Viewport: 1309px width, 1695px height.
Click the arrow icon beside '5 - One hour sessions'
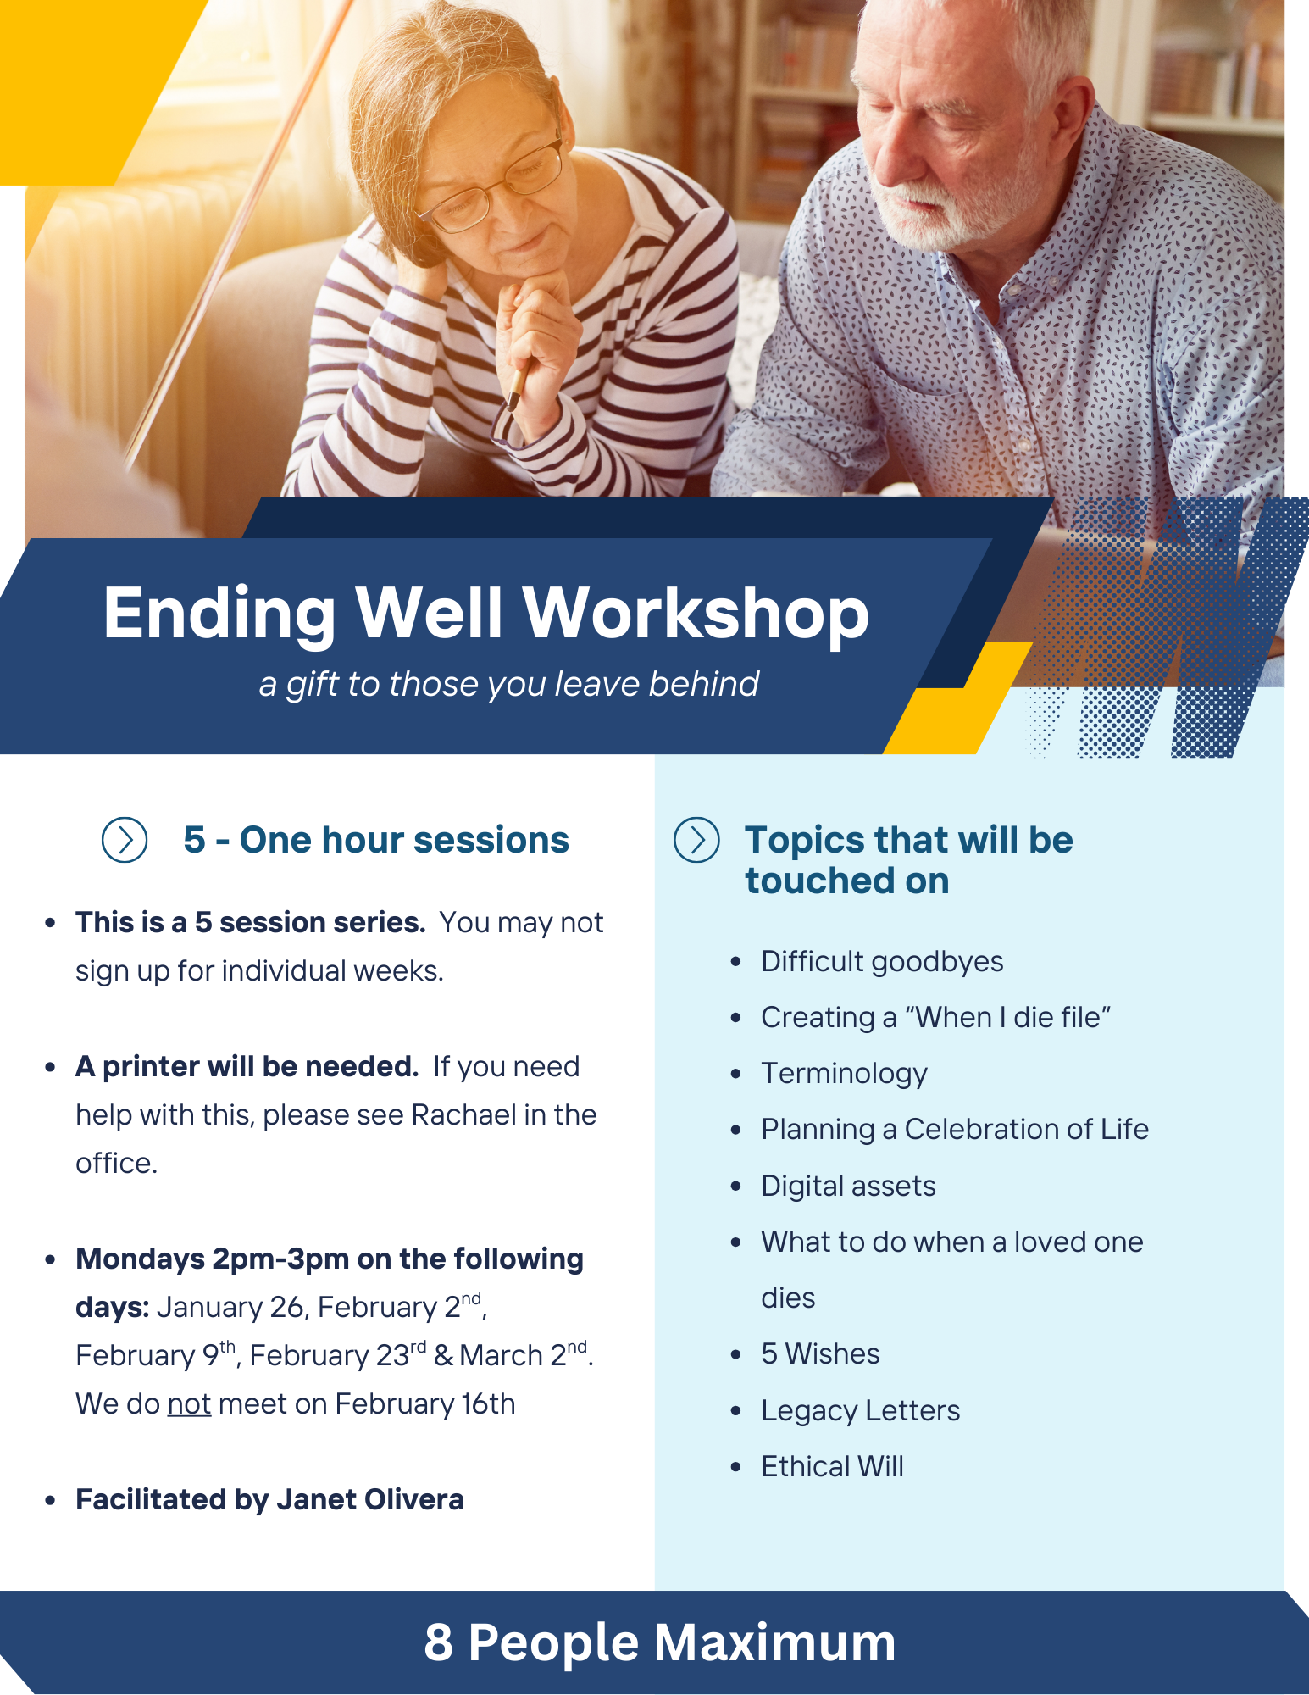click(x=125, y=840)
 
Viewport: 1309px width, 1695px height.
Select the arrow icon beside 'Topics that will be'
click(x=696, y=840)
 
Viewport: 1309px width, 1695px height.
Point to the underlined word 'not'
click(x=189, y=1404)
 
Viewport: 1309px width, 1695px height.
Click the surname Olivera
click(x=414, y=1499)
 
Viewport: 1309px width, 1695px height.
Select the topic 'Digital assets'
click(x=848, y=1186)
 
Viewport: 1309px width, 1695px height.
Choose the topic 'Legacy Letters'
click(x=860, y=1410)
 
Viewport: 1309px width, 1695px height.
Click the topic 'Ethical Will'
click(x=832, y=1466)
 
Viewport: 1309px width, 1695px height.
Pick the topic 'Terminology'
click(x=844, y=1074)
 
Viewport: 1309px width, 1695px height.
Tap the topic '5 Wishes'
click(x=820, y=1353)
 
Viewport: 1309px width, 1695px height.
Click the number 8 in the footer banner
click(x=439, y=1642)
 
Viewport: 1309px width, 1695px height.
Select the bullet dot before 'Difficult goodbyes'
click(x=735, y=962)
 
